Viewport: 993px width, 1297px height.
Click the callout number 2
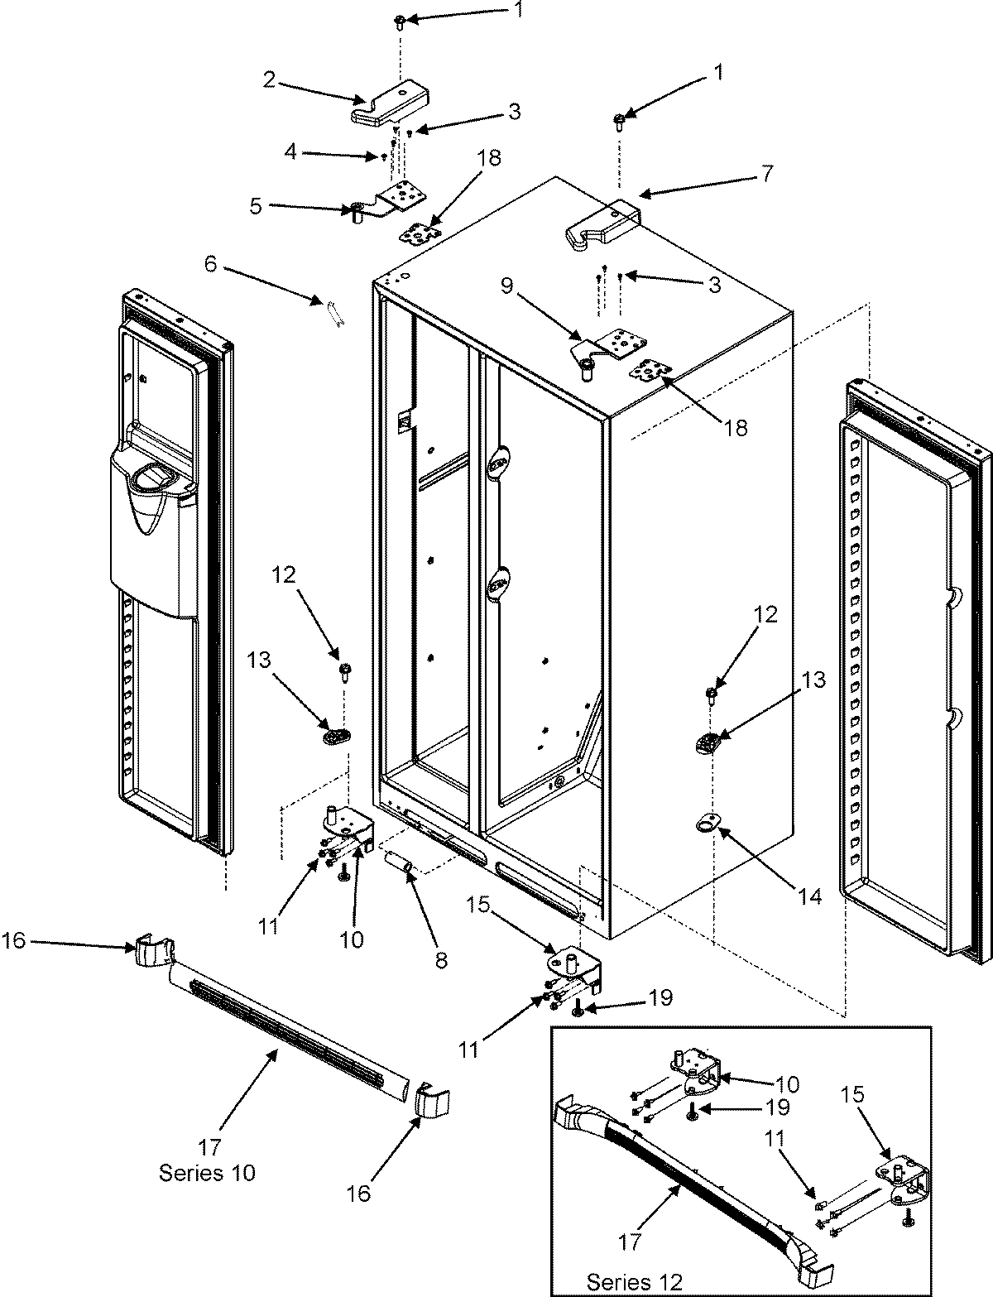[270, 79]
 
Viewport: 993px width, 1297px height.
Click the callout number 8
[440, 959]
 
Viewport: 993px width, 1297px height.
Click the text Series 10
[207, 1172]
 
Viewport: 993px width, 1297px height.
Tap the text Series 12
[635, 1282]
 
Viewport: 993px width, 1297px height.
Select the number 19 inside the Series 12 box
[777, 1107]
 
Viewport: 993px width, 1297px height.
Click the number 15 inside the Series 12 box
[854, 1093]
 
